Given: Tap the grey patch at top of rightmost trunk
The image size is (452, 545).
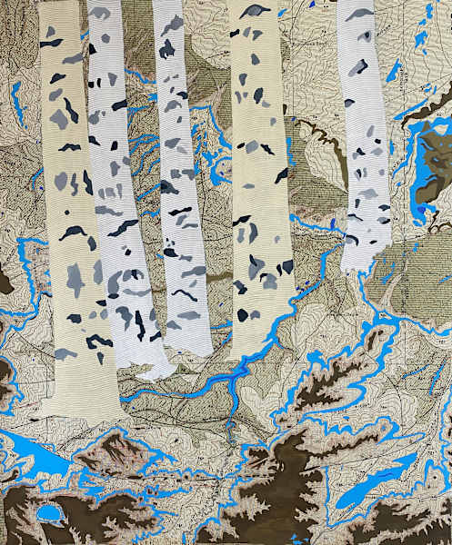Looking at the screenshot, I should click(x=360, y=15).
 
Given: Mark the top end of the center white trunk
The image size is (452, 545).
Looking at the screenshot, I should click(x=168, y=5).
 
